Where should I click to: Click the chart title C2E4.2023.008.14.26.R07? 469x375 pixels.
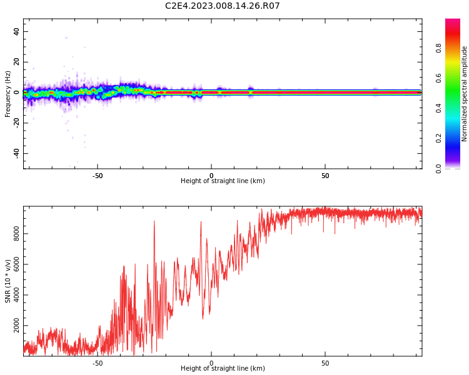(x=223, y=6)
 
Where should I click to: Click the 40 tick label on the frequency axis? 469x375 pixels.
(x=16, y=31)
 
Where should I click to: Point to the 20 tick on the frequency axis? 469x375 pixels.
(x=16, y=62)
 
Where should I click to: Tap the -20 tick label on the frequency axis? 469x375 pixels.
(x=16, y=122)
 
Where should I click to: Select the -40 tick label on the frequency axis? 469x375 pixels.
(x=16, y=152)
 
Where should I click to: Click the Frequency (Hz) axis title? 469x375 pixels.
(x=8, y=94)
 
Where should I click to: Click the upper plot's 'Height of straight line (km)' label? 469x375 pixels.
(x=223, y=181)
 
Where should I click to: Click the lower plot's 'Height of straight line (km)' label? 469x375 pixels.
(x=223, y=369)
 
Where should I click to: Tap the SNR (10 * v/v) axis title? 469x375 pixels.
(x=8, y=281)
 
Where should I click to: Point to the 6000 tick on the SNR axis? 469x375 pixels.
(x=17, y=264)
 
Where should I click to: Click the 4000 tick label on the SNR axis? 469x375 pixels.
(x=17, y=296)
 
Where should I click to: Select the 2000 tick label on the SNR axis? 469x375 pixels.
(x=17, y=326)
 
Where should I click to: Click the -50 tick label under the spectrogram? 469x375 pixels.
(x=98, y=176)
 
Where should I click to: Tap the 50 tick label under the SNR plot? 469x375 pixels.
(x=325, y=363)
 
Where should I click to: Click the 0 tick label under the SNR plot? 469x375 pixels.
(x=211, y=363)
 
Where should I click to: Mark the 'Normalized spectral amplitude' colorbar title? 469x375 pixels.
(x=465, y=94)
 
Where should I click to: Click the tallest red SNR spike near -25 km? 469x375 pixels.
(x=154, y=222)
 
